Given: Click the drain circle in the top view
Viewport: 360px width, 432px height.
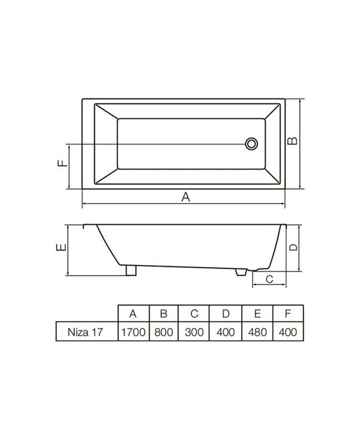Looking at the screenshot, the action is (252, 144).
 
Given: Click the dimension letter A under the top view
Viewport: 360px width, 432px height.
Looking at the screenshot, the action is (186, 197).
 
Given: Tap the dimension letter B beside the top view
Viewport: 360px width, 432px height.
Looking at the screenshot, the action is (292, 141).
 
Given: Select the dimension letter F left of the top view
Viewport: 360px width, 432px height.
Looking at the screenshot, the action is (63, 163).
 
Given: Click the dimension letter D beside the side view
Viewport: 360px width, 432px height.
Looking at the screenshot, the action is (294, 247).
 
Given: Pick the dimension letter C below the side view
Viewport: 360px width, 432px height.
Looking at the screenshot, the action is (270, 279).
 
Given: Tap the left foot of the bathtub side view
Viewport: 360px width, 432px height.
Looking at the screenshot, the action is (131, 270).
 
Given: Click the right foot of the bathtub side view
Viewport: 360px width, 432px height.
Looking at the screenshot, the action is (241, 272).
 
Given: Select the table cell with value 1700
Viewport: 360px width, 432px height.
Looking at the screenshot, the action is (133, 332).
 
